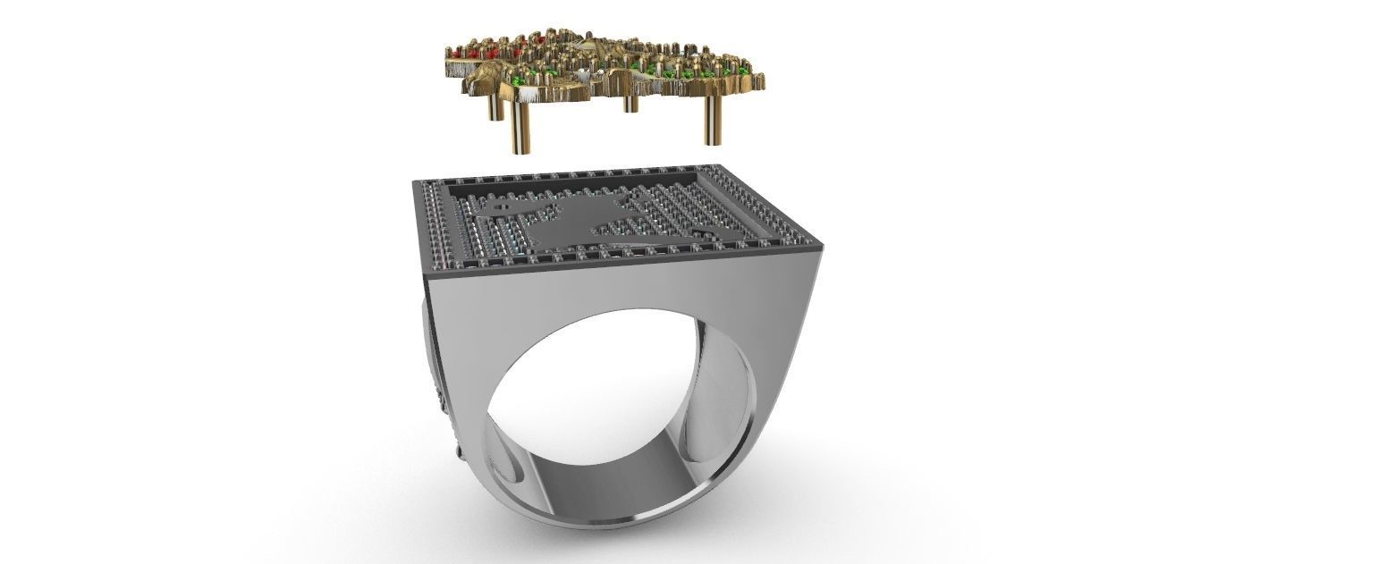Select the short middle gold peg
click(x=630, y=102)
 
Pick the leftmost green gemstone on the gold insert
click(x=534, y=71)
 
